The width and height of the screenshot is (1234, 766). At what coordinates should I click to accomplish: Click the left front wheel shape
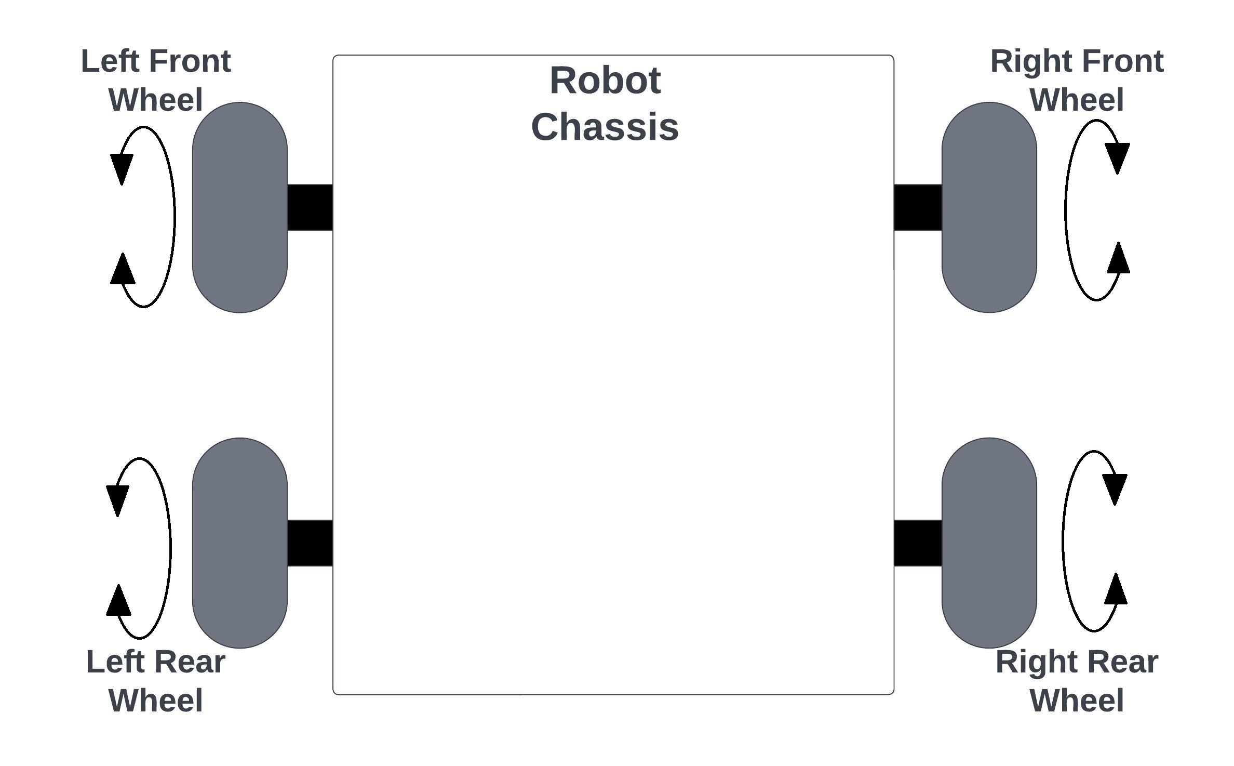pos(239,207)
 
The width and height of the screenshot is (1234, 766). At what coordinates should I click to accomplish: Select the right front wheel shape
pos(989,207)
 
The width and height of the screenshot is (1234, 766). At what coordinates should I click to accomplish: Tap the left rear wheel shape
pos(239,543)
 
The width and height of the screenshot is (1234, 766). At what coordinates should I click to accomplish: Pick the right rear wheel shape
pos(989,543)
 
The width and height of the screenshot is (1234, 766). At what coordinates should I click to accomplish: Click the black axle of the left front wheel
pos(310,207)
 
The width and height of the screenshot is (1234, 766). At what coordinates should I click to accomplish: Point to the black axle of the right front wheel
pos(918,207)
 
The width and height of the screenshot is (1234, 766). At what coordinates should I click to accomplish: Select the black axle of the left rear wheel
pos(310,543)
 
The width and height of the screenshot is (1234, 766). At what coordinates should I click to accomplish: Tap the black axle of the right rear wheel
pos(918,543)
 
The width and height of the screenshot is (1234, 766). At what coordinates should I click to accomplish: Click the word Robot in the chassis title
pos(605,81)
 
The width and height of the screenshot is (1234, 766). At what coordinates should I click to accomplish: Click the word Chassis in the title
pos(605,127)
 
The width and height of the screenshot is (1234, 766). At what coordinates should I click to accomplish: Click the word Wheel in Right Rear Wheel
pos(1077,700)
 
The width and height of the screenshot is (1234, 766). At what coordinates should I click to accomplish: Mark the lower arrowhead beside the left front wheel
pos(123,270)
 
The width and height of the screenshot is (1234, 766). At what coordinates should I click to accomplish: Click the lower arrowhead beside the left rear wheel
pos(118,601)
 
